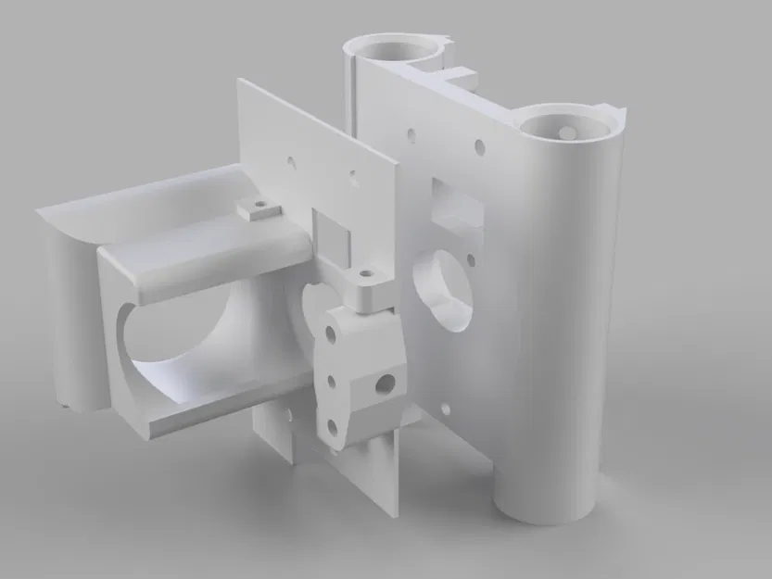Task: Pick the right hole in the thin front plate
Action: (x=352, y=172)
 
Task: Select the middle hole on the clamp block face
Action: (x=330, y=380)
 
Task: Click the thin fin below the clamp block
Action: (x=389, y=472)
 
